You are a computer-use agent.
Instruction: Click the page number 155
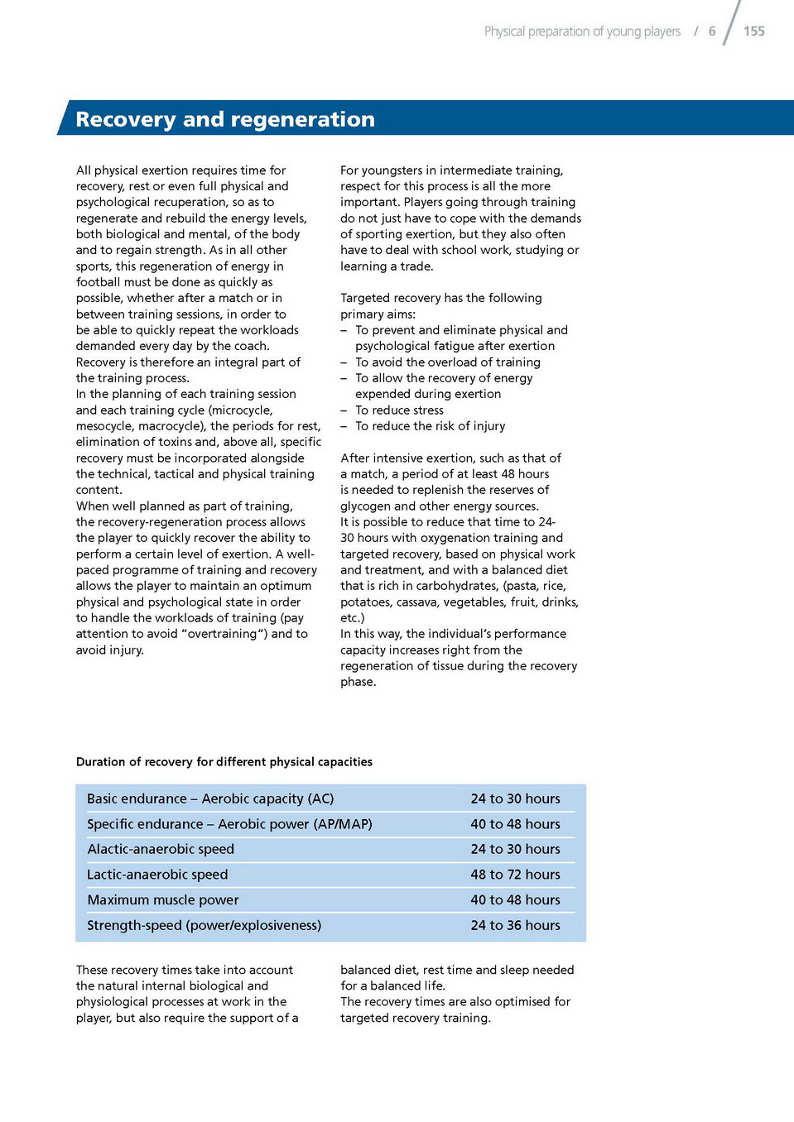click(753, 31)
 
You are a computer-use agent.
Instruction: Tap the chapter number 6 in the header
click(712, 31)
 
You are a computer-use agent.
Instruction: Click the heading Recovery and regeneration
click(225, 119)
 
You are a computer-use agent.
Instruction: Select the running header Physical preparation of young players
click(582, 31)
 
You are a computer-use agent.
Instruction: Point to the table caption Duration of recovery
click(224, 762)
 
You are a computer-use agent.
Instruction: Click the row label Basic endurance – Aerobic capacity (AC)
click(210, 798)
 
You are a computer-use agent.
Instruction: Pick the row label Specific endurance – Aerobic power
click(229, 824)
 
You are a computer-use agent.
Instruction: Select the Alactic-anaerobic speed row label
click(161, 849)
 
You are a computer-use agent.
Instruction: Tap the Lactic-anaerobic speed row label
click(157, 875)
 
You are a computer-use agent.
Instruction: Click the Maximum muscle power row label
click(163, 900)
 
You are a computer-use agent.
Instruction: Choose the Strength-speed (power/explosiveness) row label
click(204, 925)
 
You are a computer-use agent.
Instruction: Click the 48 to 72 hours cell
click(515, 875)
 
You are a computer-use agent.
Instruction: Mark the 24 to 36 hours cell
click(515, 925)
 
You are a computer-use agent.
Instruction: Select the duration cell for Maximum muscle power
click(515, 900)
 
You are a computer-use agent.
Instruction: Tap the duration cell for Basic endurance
click(515, 798)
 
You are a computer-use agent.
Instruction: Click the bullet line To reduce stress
click(399, 410)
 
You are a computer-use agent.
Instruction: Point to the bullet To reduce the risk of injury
click(430, 426)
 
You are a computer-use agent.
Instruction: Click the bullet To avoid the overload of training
click(447, 362)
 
